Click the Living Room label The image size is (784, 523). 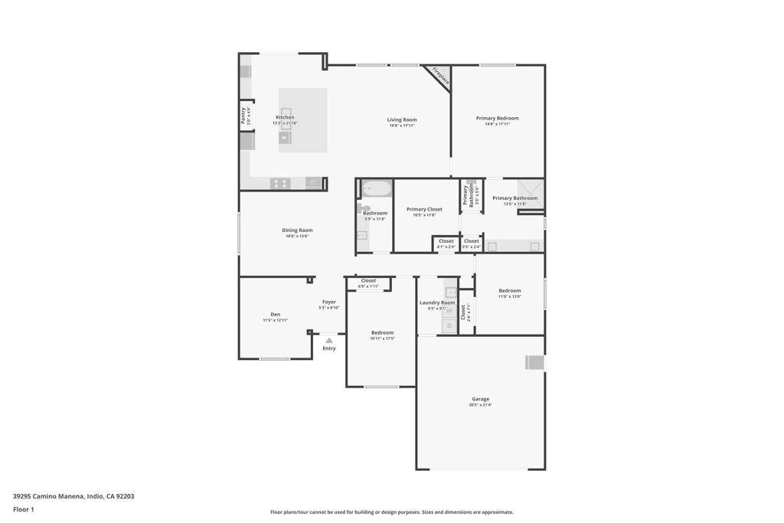pyautogui.click(x=402, y=119)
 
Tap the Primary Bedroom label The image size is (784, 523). pyautogui.click(x=497, y=118)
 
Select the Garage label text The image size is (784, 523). pyautogui.click(x=480, y=399)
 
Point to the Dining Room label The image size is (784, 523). pyautogui.click(x=297, y=230)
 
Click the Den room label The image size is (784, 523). pyautogui.click(x=275, y=314)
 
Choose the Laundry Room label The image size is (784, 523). pyautogui.click(x=437, y=302)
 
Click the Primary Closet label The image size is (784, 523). pyautogui.click(x=424, y=209)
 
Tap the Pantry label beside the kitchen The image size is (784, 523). pyautogui.click(x=243, y=116)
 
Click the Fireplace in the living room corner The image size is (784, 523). pyautogui.click(x=441, y=76)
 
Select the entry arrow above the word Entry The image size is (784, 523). pyautogui.click(x=329, y=340)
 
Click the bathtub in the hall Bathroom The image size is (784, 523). pyautogui.click(x=376, y=188)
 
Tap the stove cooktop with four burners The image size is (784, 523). pyautogui.click(x=280, y=183)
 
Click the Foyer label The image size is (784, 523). pyautogui.click(x=329, y=302)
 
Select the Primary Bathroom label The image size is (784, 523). pyautogui.click(x=514, y=198)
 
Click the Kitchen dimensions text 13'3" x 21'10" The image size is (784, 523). pyautogui.click(x=285, y=123)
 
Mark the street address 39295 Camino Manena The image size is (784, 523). pyautogui.click(x=73, y=496)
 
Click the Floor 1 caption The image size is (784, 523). pyautogui.click(x=24, y=509)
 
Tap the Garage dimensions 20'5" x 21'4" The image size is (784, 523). pyautogui.click(x=480, y=405)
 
